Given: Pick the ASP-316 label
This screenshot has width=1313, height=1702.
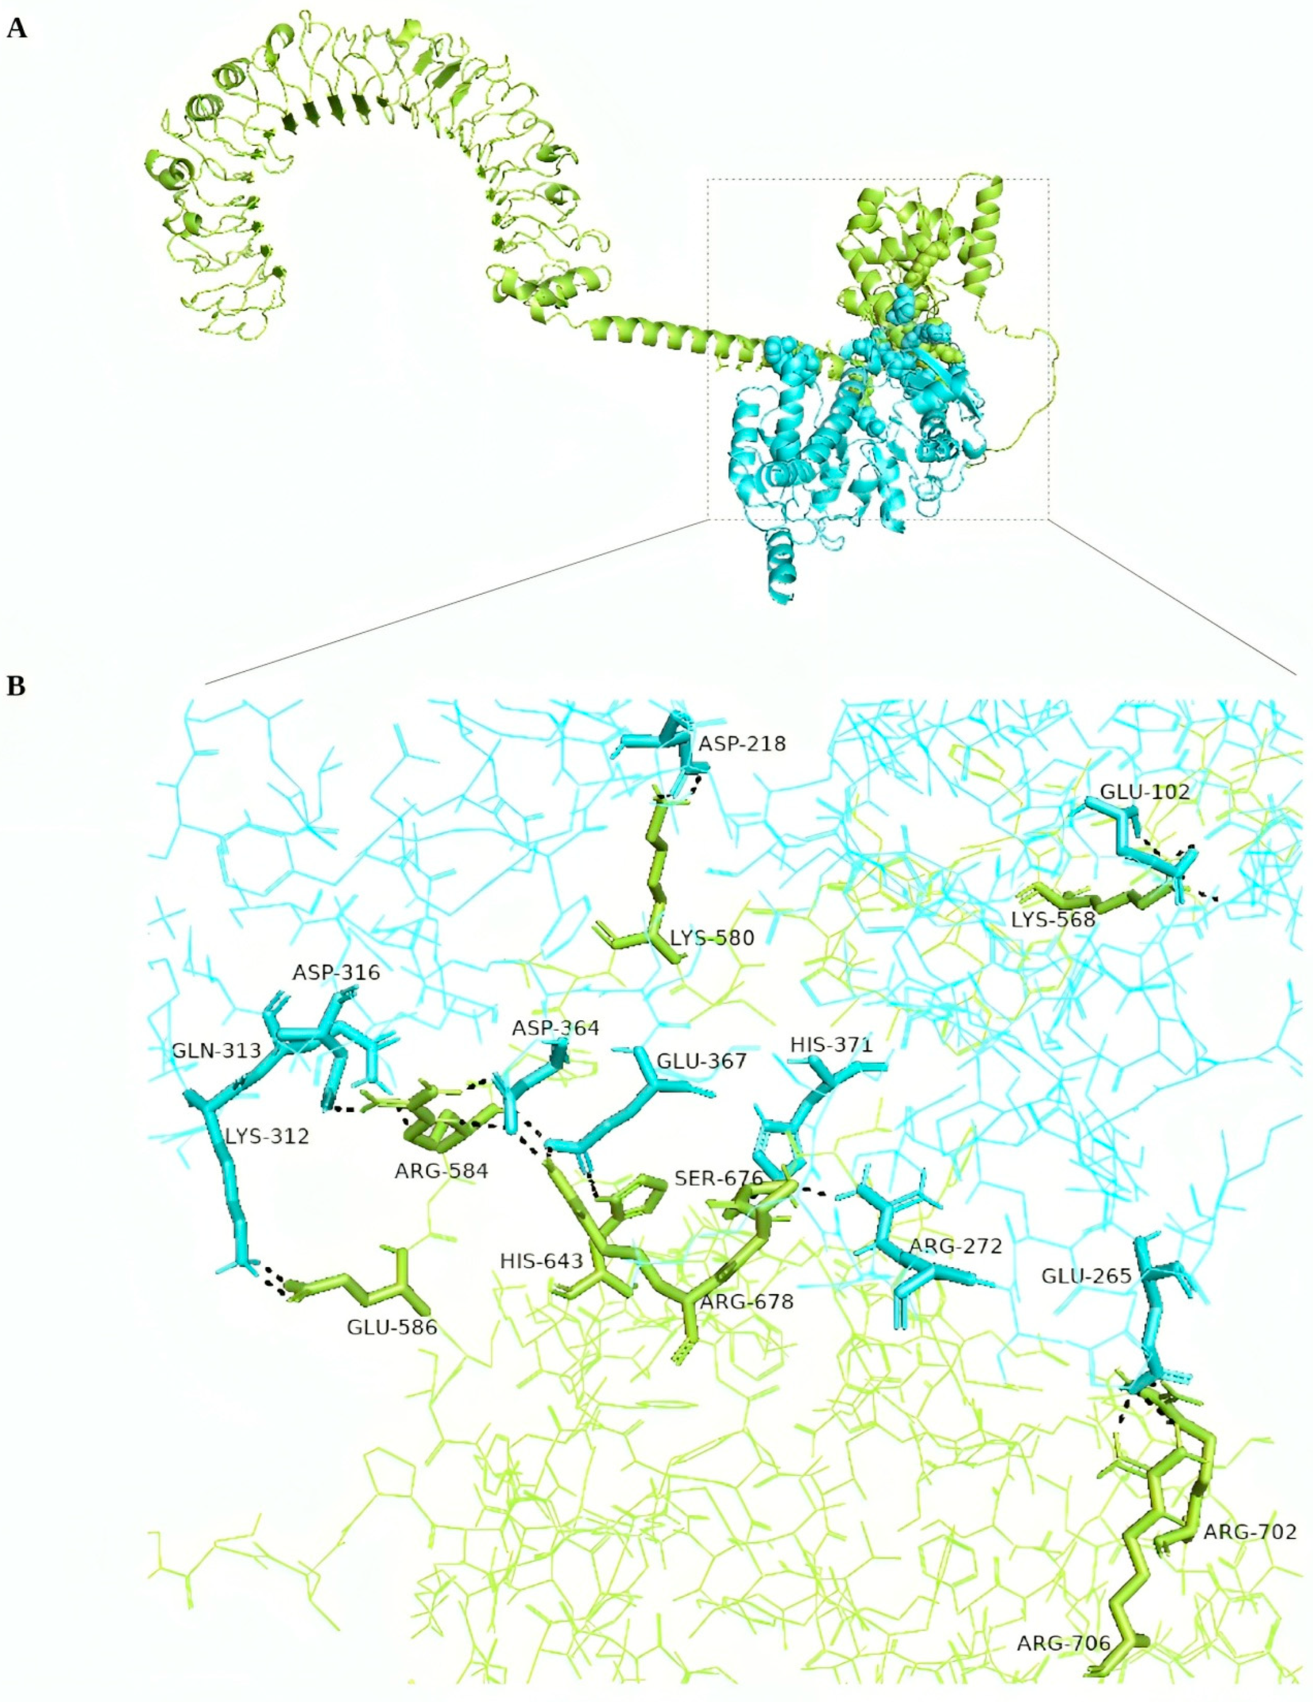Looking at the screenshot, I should pos(337,973).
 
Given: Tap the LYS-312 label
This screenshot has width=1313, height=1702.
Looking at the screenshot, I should pos(267,1136).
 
